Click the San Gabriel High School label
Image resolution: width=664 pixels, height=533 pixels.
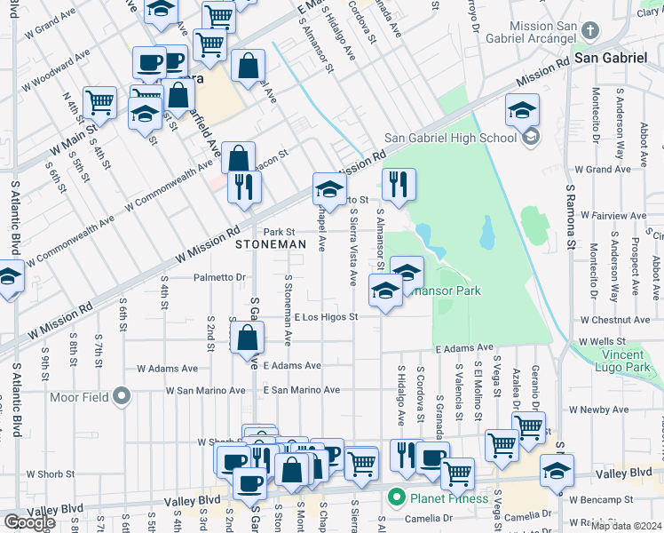(x=449, y=138)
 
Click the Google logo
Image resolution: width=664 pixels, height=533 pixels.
(x=29, y=522)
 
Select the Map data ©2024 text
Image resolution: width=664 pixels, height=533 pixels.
(x=627, y=526)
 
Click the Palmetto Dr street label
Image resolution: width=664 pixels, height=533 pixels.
(x=219, y=277)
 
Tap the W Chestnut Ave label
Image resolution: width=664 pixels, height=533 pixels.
(x=614, y=319)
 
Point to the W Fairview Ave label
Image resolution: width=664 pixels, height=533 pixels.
(x=613, y=215)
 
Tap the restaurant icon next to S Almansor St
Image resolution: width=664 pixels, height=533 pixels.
(x=399, y=184)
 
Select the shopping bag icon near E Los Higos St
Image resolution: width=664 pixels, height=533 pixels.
(x=247, y=338)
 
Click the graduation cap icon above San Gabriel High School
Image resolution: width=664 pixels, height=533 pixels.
(x=523, y=110)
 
